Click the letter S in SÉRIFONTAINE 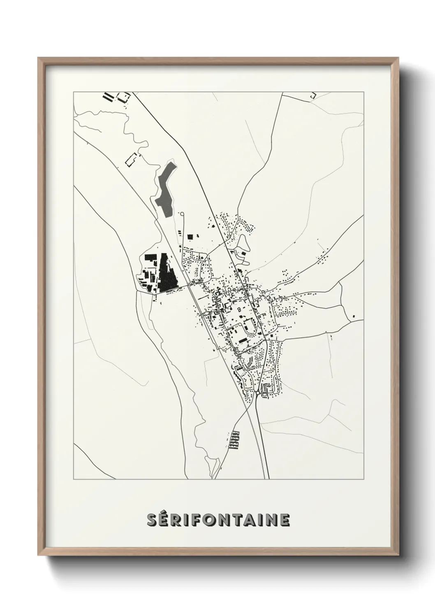(152, 520)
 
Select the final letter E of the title (285, 520)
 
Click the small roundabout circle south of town (257, 393)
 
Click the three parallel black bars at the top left (108, 97)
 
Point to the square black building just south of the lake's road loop (190, 237)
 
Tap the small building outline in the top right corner (313, 95)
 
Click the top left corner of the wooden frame (39, 58)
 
